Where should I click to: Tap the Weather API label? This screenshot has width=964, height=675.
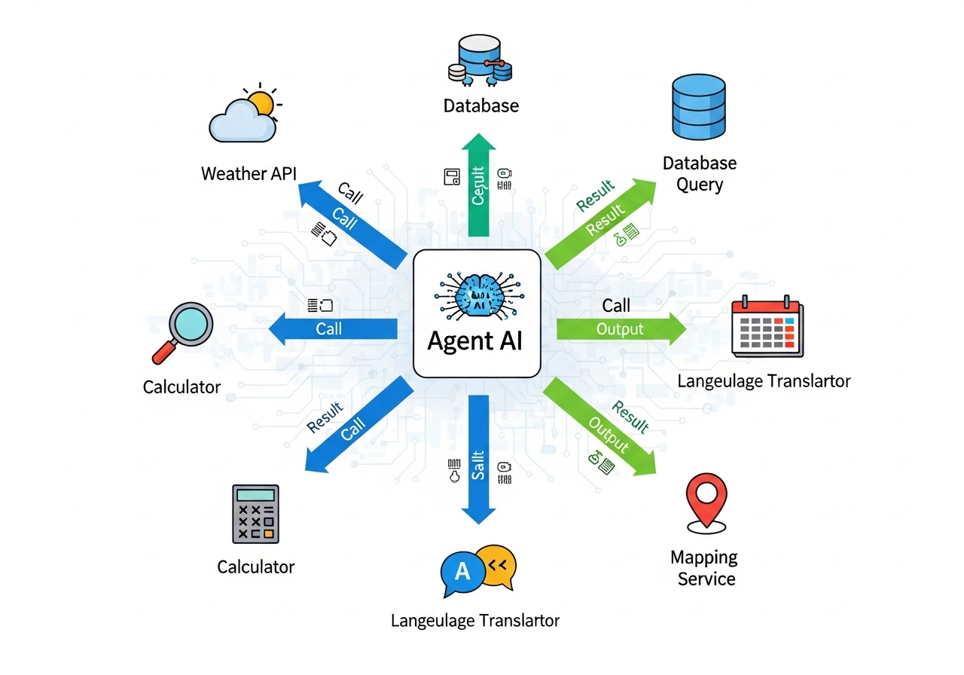249,174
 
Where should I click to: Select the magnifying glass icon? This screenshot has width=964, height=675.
182,329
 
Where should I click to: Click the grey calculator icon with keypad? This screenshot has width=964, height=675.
255,514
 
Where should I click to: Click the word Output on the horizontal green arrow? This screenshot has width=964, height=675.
620,329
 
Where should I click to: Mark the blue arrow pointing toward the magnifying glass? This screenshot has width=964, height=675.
332,328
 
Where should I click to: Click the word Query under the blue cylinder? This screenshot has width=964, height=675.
700,185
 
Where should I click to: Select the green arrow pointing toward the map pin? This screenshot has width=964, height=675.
601,428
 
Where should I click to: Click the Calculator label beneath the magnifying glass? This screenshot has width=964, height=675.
182,387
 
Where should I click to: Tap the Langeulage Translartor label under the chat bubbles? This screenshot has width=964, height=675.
475,621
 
